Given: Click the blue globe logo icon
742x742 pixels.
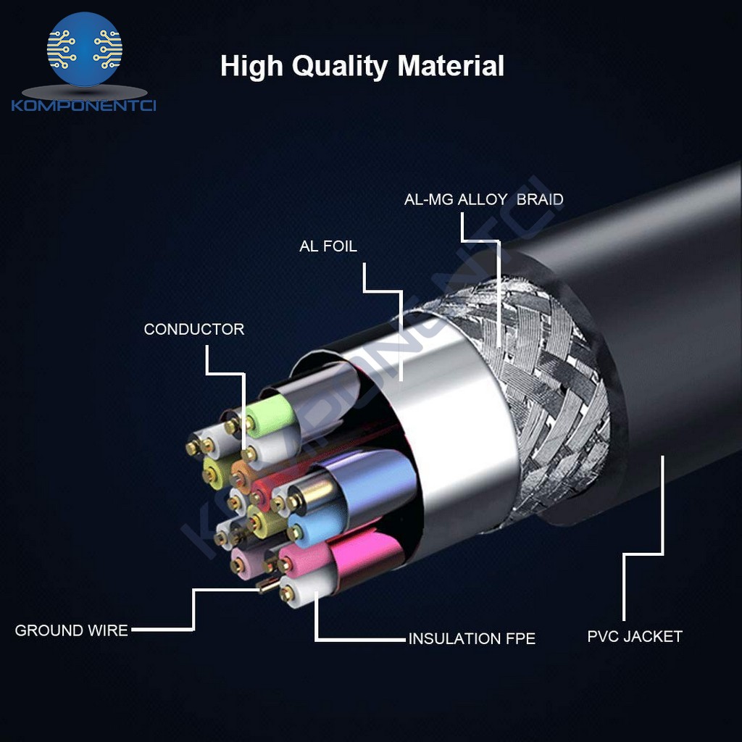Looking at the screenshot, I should click(x=85, y=49).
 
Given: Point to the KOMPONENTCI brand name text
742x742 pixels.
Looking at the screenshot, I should click(x=84, y=106).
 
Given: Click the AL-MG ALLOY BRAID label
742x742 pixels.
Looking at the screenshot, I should click(x=483, y=199).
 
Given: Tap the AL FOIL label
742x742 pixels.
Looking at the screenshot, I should click(x=328, y=246).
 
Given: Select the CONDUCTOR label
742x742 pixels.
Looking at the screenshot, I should click(x=193, y=330).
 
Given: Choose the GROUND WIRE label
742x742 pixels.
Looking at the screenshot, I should click(x=71, y=630).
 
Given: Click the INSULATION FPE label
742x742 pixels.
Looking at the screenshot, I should click(x=472, y=639).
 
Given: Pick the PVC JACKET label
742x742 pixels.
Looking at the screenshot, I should click(x=635, y=637).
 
